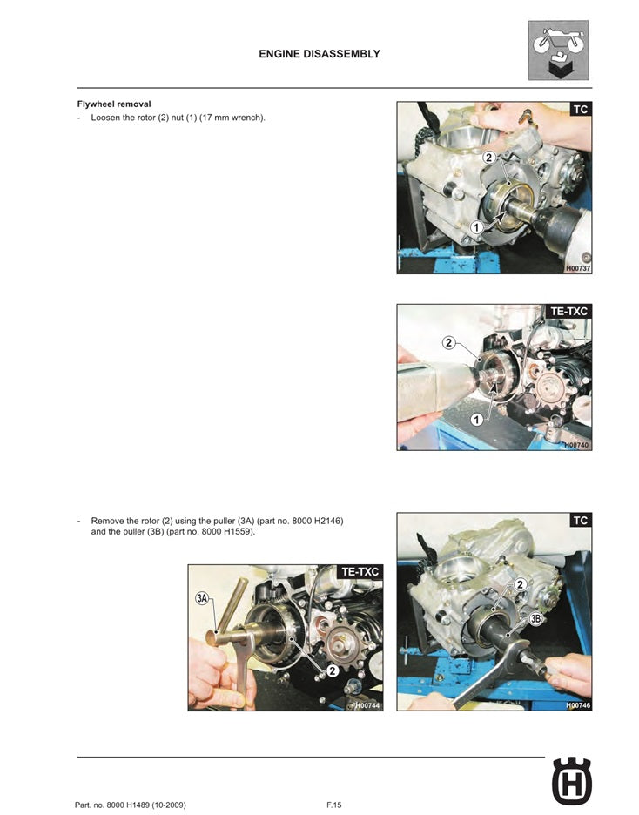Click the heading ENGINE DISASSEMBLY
point(319,54)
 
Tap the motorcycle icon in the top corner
point(559,50)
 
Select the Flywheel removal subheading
point(114,104)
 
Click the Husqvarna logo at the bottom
point(571,781)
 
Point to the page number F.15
point(333,805)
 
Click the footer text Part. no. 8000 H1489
point(131,805)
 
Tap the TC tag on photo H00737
point(580,110)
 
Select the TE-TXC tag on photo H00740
point(569,311)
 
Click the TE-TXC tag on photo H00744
point(360,572)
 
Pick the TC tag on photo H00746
point(580,521)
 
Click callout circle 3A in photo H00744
point(203,598)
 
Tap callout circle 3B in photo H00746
point(537,619)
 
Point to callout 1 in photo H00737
point(476,226)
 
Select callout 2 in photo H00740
point(448,342)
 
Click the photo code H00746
point(578,705)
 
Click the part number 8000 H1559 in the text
point(225,532)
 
